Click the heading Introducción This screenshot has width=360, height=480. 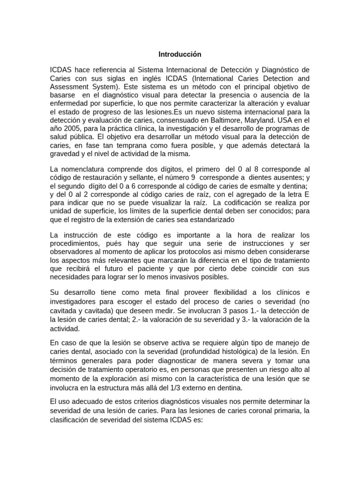point(180,54)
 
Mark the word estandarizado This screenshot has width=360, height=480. point(210,219)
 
